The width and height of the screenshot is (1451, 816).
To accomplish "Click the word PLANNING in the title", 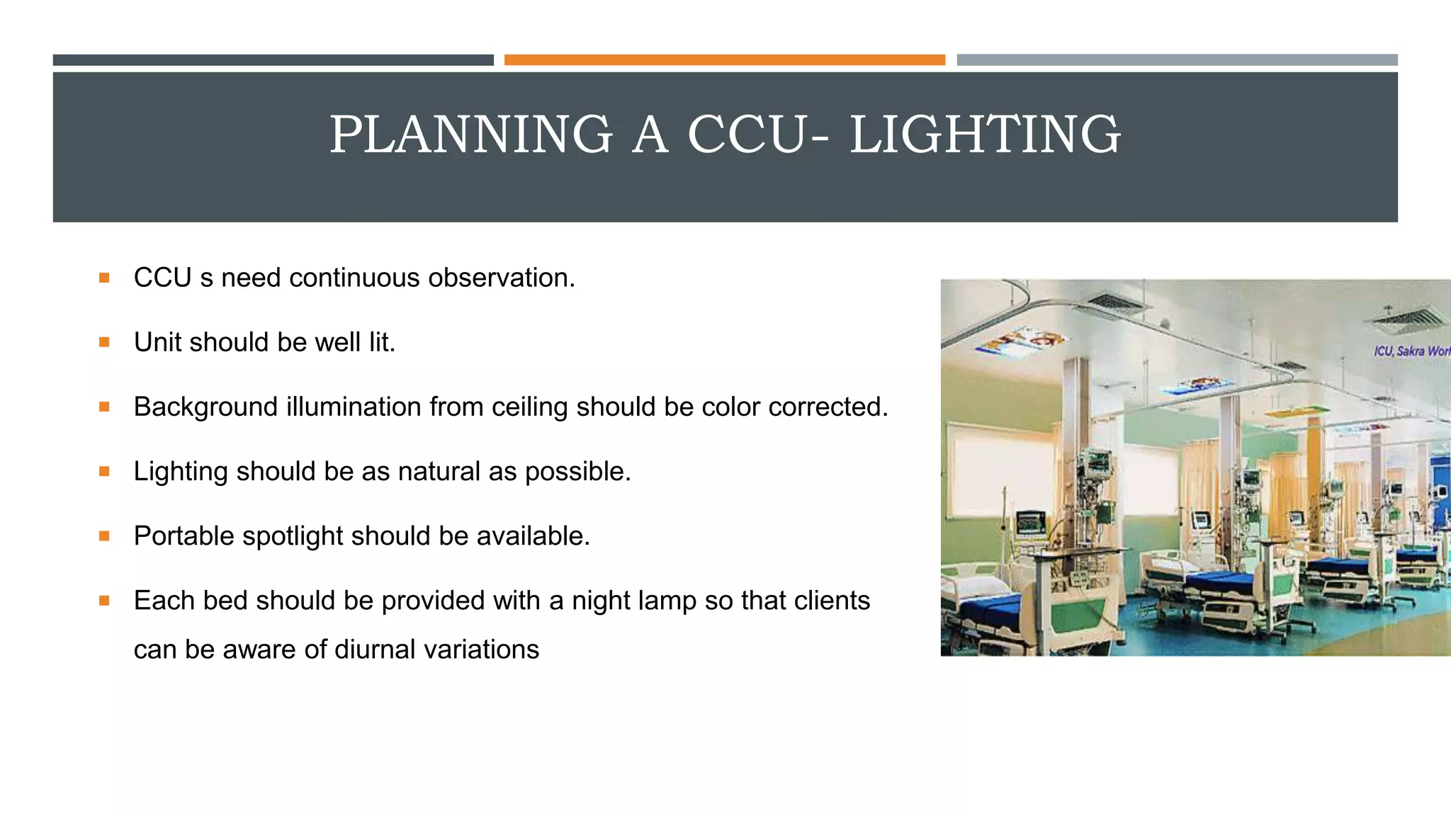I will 471,135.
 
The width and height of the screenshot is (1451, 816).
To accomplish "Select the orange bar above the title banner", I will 724,60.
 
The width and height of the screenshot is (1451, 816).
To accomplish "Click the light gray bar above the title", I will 1177,60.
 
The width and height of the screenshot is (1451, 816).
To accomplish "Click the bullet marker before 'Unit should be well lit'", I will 104,343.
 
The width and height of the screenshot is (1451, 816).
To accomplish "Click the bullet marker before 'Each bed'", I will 104,601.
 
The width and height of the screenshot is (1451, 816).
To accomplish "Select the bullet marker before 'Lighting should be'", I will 104,472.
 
